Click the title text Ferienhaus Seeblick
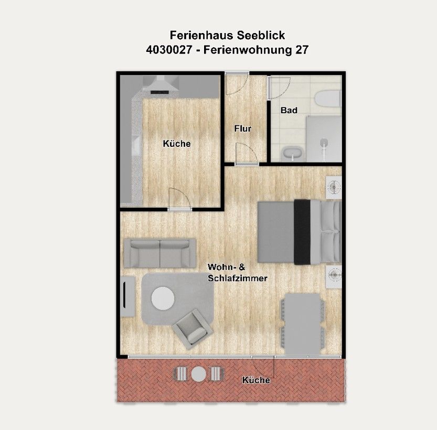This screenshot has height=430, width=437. (227, 35)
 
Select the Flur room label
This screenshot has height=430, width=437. (243, 128)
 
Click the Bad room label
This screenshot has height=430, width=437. (289, 110)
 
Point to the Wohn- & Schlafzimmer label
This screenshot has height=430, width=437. (237, 273)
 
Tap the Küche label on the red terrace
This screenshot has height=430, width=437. (256, 380)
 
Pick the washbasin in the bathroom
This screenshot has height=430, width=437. (293, 153)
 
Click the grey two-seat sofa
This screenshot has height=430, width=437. (159, 252)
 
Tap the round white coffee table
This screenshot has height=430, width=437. (163, 298)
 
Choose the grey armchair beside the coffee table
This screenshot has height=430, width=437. (193, 329)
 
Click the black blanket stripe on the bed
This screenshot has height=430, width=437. (302, 231)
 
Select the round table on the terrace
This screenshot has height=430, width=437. (199, 374)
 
